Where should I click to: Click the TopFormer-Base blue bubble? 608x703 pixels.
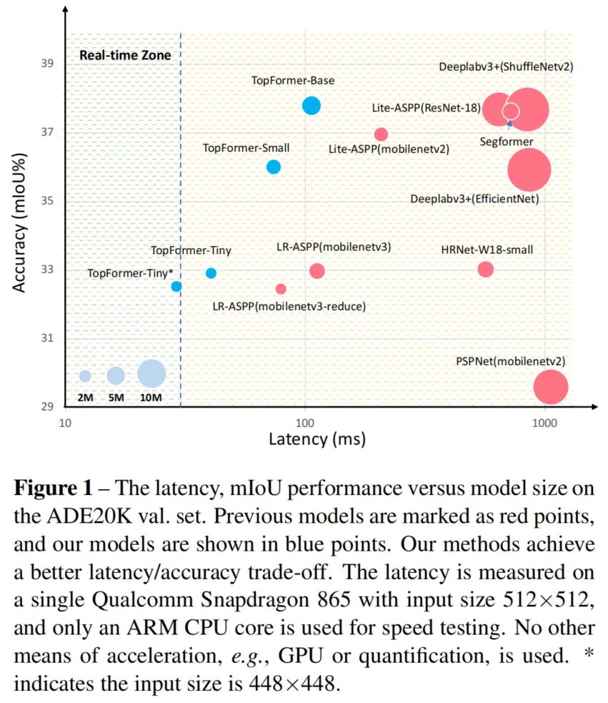pyautogui.click(x=311, y=106)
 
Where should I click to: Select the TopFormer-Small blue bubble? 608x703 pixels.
pyautogui.click(x=273, y=167)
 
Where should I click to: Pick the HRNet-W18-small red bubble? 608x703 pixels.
pyautogui.click(x=485, y=269)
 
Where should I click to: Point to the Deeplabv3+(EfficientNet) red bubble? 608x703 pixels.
pyautogui.click(x=529, y=169)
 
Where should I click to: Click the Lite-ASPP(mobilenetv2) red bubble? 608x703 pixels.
pyautogui.click(x=381, y=134)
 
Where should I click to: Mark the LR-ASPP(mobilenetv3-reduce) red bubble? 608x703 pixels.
pyautogui.click(x=281, y=289)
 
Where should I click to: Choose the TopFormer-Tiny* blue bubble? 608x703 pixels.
pyautogui.click(x=176, y=286)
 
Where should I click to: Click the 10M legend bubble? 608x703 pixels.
pyautogui.click(x=151, y=373)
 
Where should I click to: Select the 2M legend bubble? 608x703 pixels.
pyautogui.click(x=85, y=375)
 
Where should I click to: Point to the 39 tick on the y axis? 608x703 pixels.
pyautogui.click(x=48, y=64)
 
